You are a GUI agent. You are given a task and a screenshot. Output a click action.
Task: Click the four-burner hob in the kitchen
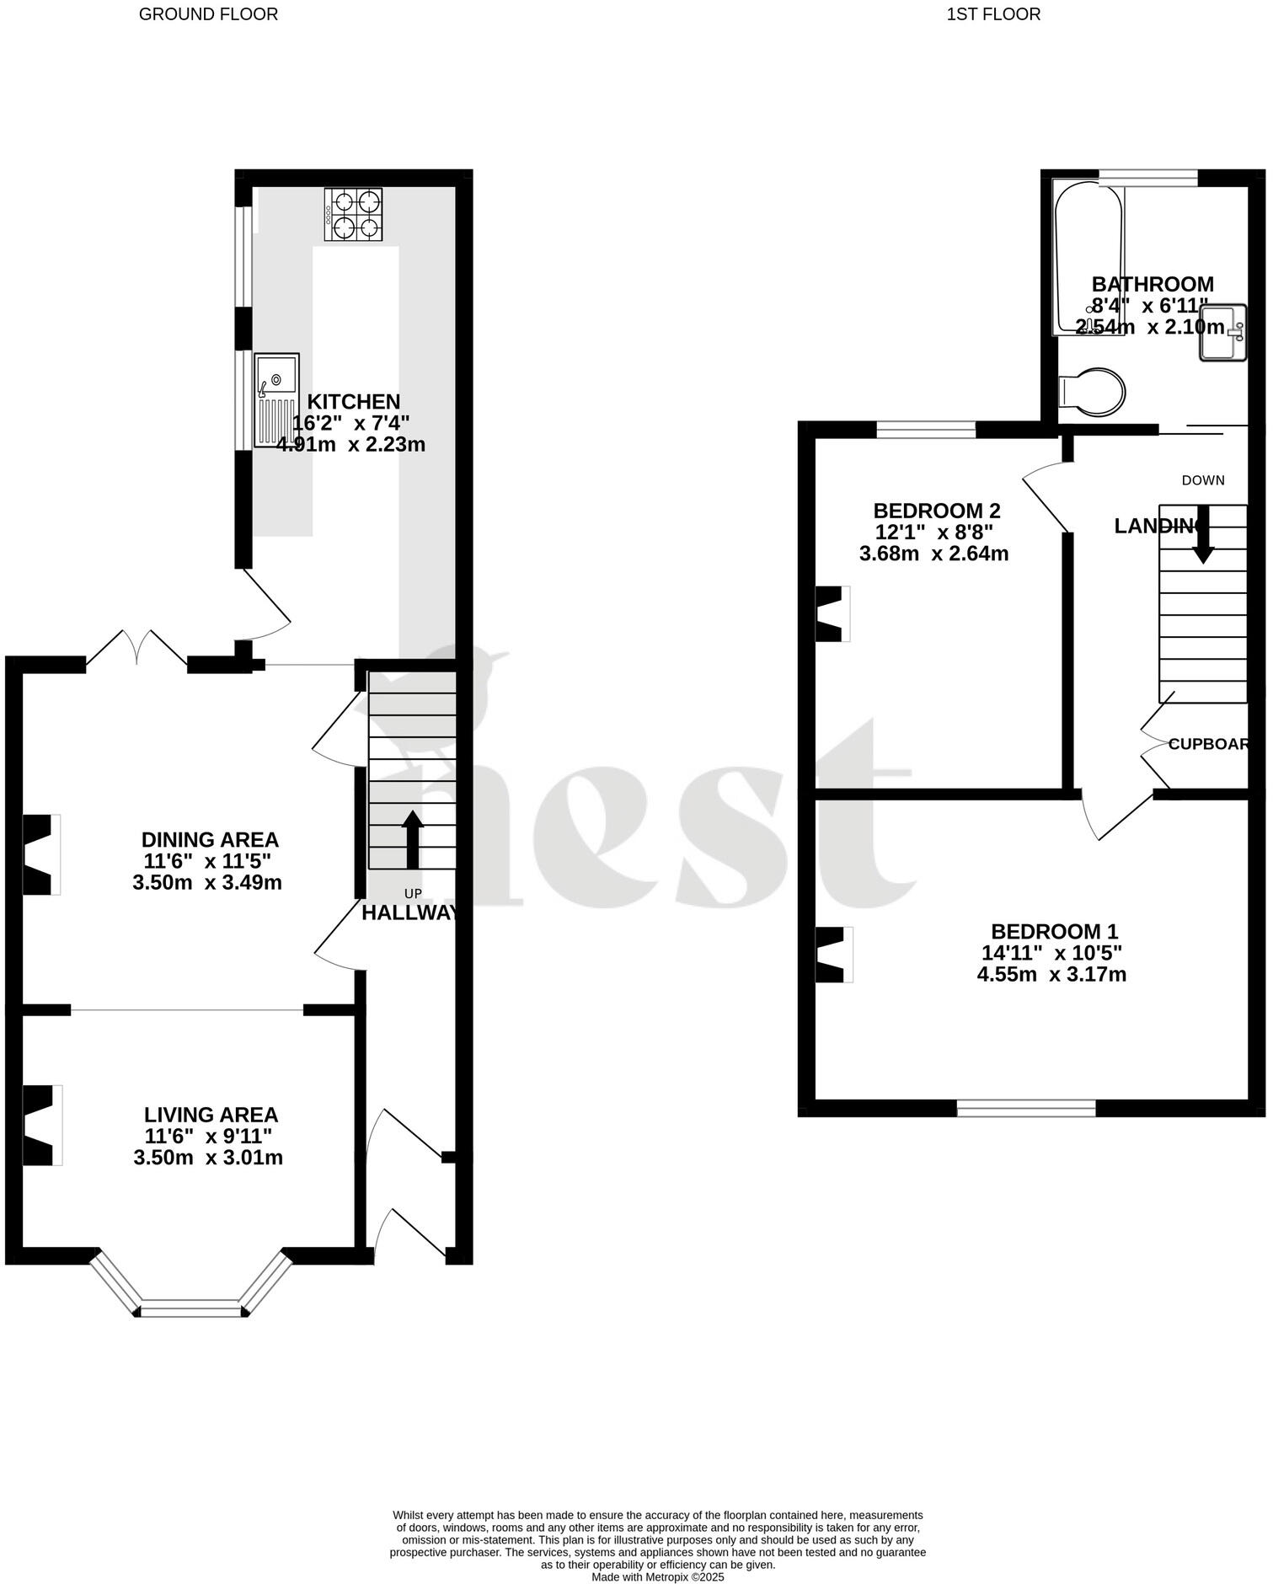point(353,215)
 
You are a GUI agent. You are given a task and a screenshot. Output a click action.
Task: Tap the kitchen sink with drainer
point(276,399)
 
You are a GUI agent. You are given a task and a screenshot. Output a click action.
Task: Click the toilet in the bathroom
point(1092,392)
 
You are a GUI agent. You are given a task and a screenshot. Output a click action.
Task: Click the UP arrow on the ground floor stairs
point(412,839)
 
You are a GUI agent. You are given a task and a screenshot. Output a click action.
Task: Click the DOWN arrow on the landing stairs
point(1202,534)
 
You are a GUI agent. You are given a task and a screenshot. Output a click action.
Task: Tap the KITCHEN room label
point(353,402)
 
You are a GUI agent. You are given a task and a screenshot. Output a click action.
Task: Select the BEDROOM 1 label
point(1053,931)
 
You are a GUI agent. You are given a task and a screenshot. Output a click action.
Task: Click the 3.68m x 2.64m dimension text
point(933,554)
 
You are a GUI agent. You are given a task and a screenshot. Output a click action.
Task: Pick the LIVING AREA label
point(211,1115)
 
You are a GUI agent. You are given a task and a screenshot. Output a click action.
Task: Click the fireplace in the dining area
point(40,854)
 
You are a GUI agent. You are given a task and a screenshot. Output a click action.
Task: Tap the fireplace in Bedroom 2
point(832,613)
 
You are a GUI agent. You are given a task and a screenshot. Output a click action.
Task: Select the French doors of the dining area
point(136,649)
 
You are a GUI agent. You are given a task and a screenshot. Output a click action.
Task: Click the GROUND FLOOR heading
point(208,14)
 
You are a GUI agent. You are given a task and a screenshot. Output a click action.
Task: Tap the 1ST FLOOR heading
point(993,14)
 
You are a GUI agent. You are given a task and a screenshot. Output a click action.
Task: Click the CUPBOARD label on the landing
point(1208,744)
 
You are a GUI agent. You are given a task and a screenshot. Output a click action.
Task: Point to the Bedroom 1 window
point(1025,1108)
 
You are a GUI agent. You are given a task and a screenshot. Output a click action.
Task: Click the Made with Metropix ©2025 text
point(657,1577)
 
